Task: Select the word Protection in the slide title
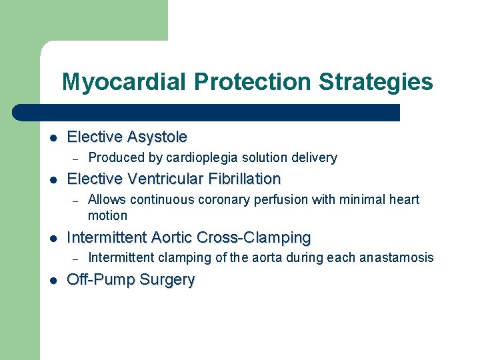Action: click(x=254, y=82)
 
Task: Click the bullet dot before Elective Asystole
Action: click(x=53, y=138)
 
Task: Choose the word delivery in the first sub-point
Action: click(x=315, y=157)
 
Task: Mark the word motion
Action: click(x=107, y=215)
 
